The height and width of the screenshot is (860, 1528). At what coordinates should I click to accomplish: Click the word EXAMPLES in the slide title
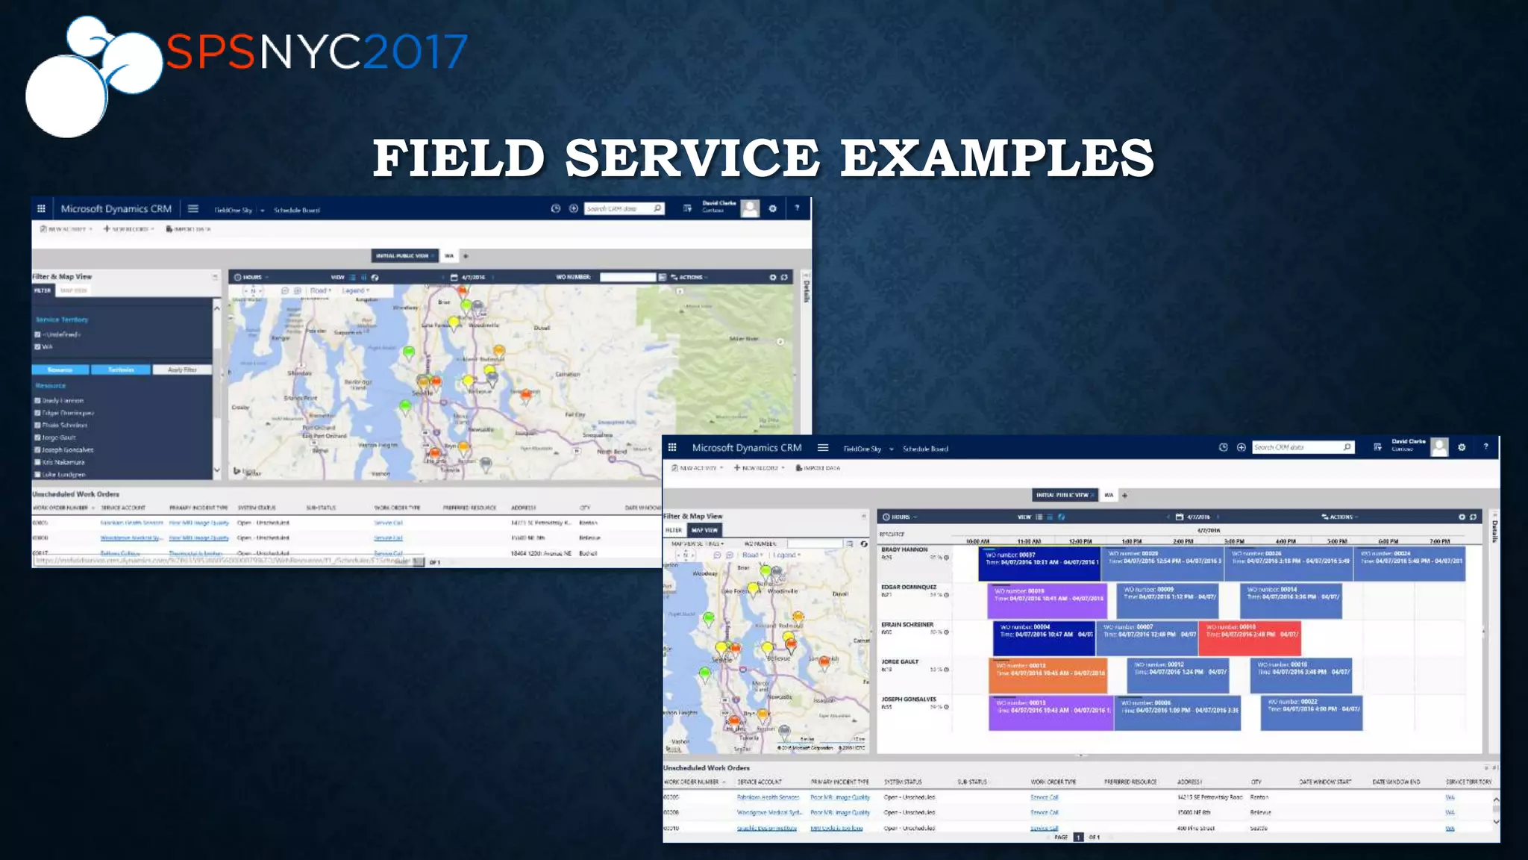(997, 158)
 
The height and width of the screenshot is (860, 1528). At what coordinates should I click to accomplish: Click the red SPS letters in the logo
(210, 52)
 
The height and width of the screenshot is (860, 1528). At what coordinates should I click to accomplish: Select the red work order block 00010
(1249, 638)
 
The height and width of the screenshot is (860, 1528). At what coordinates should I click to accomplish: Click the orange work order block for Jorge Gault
(1047, 675)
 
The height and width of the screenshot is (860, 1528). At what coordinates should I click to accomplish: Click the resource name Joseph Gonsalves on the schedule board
(908, 699)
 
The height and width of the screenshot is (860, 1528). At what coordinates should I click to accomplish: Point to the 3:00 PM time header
(1234, 541)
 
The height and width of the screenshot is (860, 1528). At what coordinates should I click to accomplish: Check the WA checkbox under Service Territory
(37, 347)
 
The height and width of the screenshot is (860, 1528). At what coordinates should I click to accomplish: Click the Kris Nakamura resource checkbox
(37, 462)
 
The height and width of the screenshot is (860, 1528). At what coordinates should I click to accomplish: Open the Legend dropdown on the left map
(355, 290)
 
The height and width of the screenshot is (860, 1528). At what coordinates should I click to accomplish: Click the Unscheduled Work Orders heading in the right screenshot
(706, 767)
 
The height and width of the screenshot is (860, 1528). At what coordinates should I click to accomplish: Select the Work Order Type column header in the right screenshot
(1053, 782)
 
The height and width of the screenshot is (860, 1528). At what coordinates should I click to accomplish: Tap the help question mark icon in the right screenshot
(1485, 447)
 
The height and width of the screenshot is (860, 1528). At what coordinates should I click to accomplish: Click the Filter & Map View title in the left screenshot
(62, 277)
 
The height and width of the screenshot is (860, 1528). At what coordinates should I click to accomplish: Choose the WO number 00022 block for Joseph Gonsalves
(1313, 712)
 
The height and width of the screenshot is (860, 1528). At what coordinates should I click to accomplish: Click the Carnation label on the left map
(567, 374)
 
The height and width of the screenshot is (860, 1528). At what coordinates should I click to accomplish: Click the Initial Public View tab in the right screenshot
(1062, 495)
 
